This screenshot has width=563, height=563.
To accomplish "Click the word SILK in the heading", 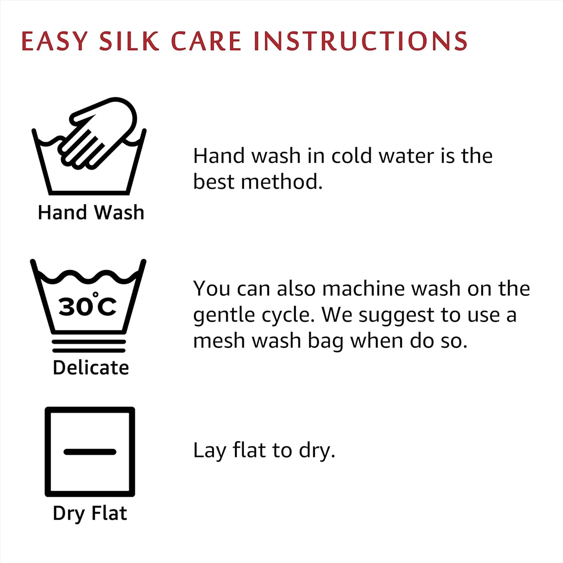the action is coord(129,41).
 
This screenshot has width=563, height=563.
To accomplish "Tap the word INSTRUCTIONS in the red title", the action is coord(361,41).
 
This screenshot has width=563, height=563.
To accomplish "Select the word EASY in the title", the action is coord(55,41).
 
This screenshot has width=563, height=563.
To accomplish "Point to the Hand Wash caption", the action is coord(91,212).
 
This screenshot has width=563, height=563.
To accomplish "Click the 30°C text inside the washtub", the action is coord(87,305).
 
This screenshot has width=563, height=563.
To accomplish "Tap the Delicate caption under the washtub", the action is coord(91,367).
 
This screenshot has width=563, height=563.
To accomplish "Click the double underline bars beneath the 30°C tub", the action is coord(89,346).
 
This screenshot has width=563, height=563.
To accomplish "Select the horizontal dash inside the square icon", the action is coord(90,452).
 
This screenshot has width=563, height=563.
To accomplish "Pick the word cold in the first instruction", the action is coord(351,156).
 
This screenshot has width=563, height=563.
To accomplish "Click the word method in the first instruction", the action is coord(282,182).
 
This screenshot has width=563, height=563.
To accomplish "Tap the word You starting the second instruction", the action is coord(212,288).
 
